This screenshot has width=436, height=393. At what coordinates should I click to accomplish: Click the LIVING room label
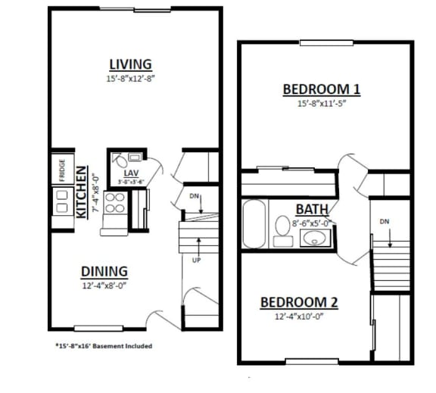click(x=130, y=64)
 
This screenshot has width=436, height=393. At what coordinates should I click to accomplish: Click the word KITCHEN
click(x=82, y=192)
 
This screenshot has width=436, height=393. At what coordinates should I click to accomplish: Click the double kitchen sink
click(x=60, y=199)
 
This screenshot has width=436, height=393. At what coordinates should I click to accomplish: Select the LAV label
click(x=129, y=173)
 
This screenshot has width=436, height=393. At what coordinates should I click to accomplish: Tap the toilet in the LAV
click(x=120, y=160)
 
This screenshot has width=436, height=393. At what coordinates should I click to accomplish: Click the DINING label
click(x=104, y=271)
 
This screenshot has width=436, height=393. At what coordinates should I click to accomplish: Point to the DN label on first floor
click(x=195, y=196)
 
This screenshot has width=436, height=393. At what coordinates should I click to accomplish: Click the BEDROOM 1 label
click(x=321, y=89)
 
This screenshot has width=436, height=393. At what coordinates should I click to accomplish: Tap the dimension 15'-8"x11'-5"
click(x=321, y=104)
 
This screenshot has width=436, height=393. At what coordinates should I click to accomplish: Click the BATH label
click(x=310, y=209)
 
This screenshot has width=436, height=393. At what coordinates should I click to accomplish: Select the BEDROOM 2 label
click(x=299, y=302)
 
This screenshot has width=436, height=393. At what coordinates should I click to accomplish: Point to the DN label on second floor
click(x=385, y=222)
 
